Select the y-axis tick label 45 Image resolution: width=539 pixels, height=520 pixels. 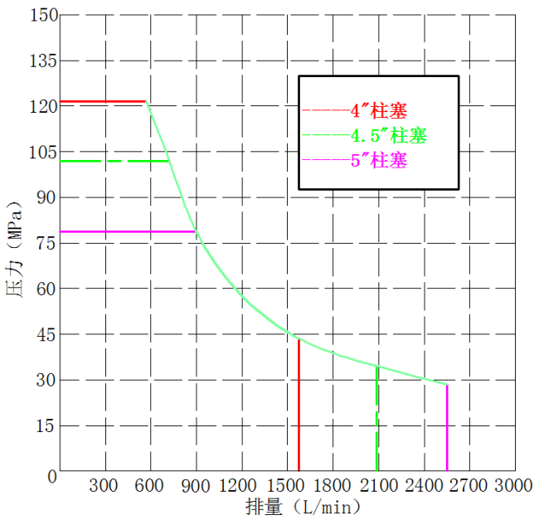[x=46, y=334]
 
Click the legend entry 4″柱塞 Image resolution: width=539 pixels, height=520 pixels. [x=379, y=109]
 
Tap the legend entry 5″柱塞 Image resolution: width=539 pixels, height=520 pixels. [x=379, y=160]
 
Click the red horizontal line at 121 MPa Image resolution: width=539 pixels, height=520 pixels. [x=103, y=101]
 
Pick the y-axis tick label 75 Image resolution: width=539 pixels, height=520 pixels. [x=46, y=243]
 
